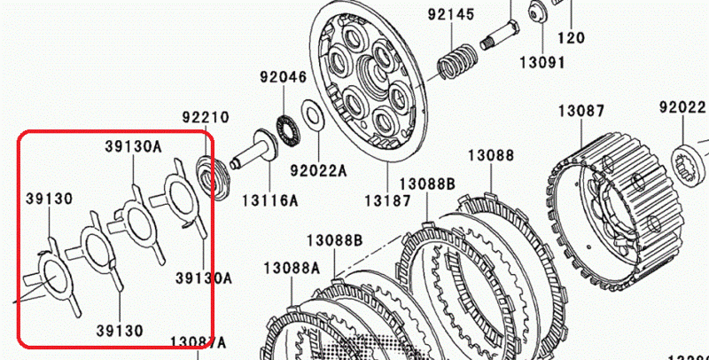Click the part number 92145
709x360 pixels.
[x=450, y=15]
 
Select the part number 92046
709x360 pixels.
[x=282, y=77]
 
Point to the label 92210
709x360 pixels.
[x=206, y=117]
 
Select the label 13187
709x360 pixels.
[x=387, y=200]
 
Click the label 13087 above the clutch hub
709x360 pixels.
[x=580, y=112]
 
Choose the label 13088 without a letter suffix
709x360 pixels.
[x=491, y=155]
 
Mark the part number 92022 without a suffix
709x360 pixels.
[x=682, y=107]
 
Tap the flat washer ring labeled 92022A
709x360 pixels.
[x=312, y=114]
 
